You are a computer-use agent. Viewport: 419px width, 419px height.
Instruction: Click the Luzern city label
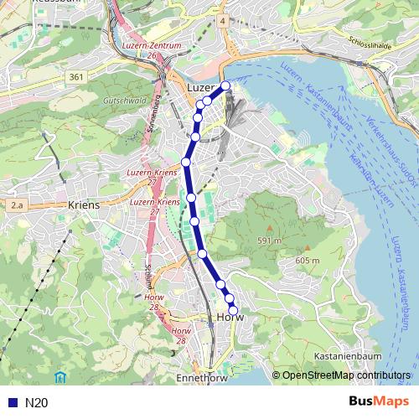(202, 87)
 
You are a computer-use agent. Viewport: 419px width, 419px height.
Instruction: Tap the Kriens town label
(84, 204)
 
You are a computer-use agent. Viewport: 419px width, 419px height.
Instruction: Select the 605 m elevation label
(308, 261)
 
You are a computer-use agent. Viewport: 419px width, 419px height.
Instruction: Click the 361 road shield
(77, 78)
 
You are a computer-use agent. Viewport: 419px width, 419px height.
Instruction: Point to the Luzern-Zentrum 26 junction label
(152, 49)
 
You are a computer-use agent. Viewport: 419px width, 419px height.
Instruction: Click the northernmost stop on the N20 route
(225, 85)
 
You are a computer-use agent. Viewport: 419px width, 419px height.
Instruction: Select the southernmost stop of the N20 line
(233, 311)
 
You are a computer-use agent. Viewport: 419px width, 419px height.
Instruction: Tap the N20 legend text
(36, 403)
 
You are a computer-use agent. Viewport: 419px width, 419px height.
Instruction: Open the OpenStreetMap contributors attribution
(345, 375)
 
